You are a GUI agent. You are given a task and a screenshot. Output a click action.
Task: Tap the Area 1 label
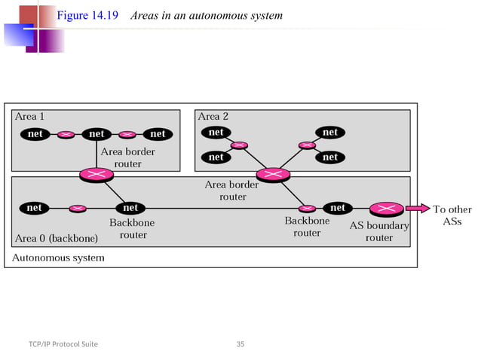point(29,117)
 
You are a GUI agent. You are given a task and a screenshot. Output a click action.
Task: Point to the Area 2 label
point(213,117)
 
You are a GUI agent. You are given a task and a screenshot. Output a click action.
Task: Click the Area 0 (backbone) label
point(57,239)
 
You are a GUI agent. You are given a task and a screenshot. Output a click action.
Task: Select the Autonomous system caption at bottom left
point(59,258)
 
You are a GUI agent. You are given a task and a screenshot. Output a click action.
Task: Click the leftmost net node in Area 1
point(34,134)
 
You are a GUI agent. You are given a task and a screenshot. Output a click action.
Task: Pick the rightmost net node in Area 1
point(158,134)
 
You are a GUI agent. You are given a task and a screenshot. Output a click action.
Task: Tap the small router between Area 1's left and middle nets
point(66,134)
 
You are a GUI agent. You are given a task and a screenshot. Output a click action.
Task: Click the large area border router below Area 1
point(97,175)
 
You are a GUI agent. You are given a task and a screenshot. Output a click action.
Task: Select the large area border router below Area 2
point(268,175)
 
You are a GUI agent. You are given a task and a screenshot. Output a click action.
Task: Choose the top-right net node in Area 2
point(330,133)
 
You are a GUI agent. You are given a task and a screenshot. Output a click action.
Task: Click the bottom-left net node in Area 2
point(216,157)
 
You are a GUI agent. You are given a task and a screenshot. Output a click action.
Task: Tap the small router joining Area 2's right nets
point(306,145)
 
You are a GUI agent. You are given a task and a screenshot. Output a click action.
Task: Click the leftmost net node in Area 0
point(34,208)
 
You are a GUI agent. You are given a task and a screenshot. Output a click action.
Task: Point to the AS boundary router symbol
point(384,208)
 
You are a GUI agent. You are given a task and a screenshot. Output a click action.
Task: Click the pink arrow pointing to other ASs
point(417,208)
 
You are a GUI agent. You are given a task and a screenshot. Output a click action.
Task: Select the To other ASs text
point(452,215)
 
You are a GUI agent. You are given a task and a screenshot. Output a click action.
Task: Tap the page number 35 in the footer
point(240,344)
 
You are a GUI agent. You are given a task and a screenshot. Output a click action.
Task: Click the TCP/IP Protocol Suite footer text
point(63,344)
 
